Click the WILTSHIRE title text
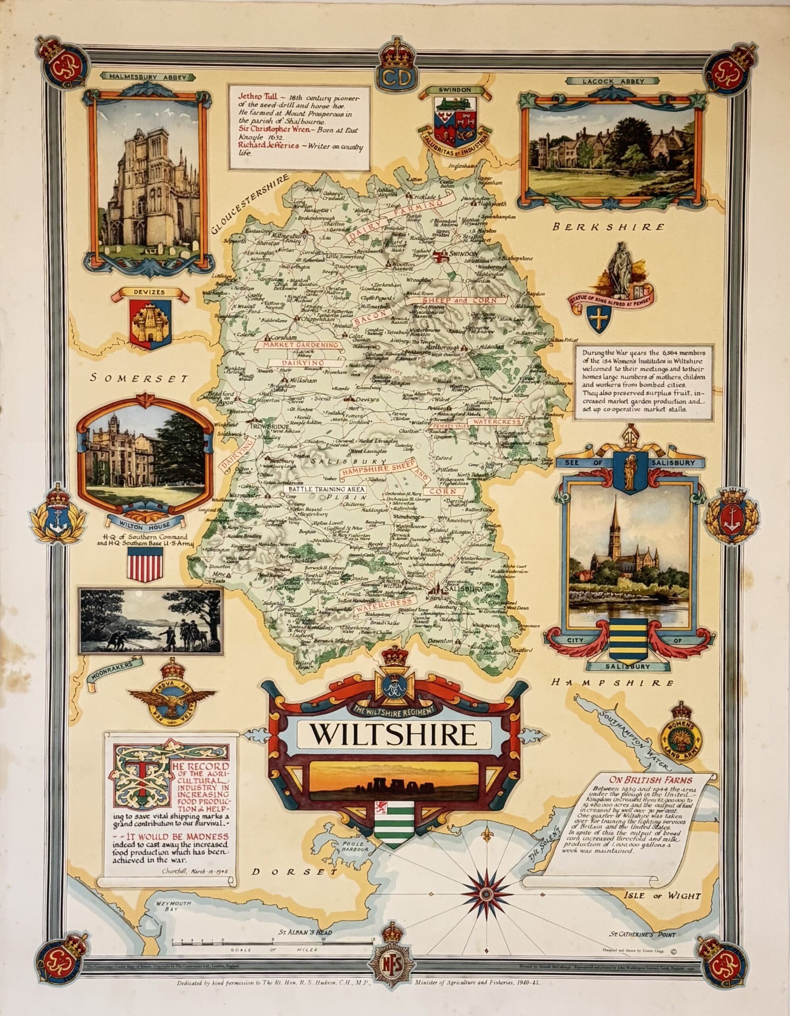[393, 735]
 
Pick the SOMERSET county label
[139, 378]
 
